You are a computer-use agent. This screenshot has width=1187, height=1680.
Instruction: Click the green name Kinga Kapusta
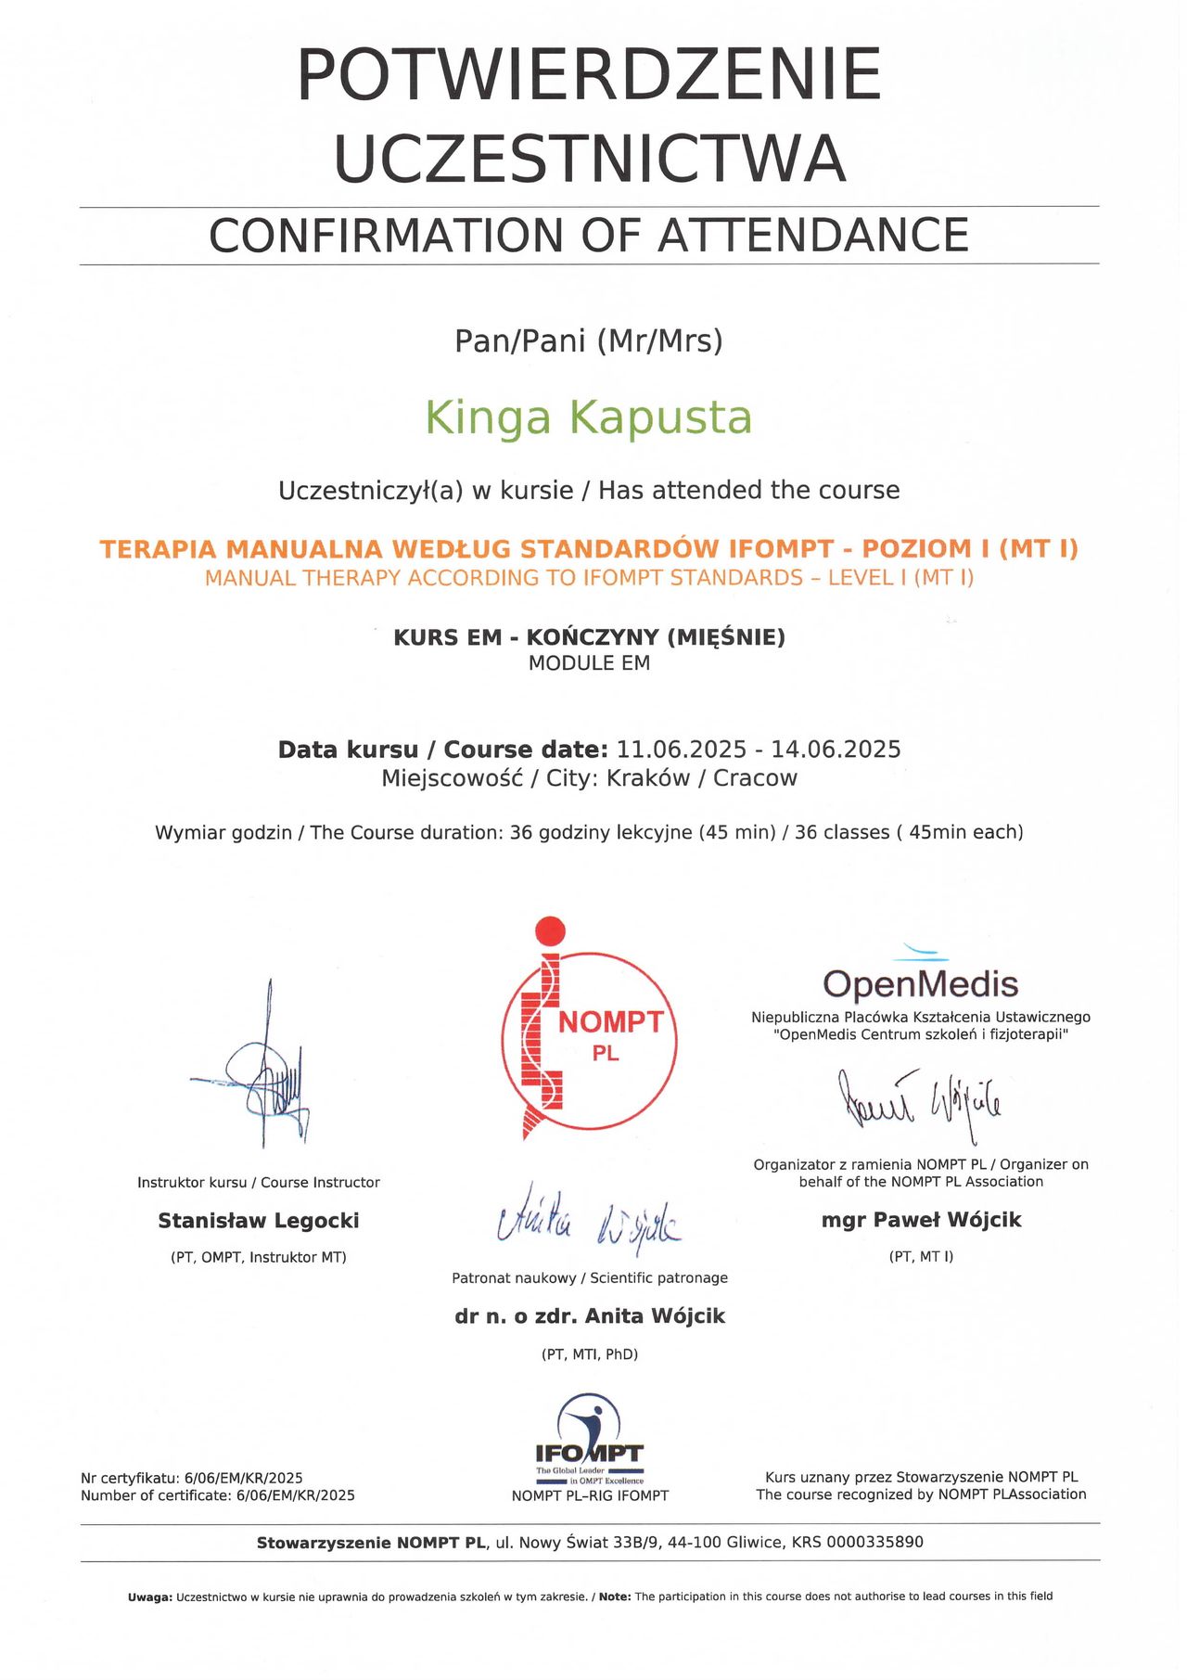[x=588, y=418]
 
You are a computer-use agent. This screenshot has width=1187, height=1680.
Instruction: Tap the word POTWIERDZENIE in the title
[x=589, y=75]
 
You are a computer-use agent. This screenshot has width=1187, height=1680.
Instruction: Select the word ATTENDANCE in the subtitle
[x=813, y=236]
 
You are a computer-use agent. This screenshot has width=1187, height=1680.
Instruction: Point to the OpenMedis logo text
[x=920, y=983]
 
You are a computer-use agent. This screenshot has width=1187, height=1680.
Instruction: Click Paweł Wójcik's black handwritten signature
[x=920, y=1104]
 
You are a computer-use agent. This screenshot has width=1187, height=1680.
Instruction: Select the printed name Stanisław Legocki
[x=258, y=1221]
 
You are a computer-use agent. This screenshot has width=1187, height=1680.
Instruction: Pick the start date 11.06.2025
[x=682, y=750]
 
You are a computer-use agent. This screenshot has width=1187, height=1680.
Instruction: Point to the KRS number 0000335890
[x=874, y=1543]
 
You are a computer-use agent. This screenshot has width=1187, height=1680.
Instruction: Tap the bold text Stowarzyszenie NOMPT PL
[x=371, y=1543]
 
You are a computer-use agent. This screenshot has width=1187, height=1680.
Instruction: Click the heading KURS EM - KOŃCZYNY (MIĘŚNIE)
[x=589, y=637]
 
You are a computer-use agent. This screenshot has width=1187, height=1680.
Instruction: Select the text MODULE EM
[x=589, y=663]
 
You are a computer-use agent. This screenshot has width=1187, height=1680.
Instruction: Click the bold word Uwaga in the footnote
[x=149, y=1597]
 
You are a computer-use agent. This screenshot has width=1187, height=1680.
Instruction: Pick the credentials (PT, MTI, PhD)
[x=589, y=1354]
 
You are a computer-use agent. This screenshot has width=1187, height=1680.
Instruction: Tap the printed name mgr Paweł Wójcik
[x=921, y=1220]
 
